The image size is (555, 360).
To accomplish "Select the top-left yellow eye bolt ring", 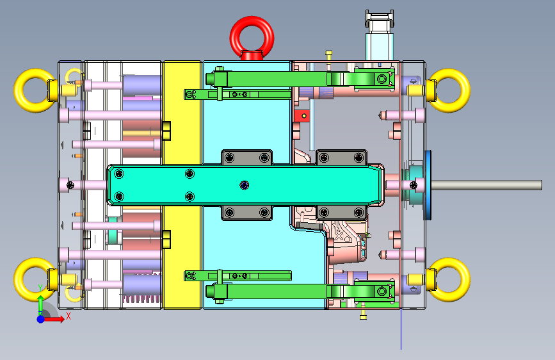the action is (21, 91).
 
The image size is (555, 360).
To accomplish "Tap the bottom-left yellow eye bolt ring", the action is (21, 280).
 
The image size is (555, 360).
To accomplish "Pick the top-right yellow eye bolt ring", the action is (463, 91).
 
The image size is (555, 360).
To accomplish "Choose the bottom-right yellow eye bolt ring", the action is (463, 280).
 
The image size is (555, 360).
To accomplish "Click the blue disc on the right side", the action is (428, 185).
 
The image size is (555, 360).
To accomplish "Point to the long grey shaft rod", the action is (487, 185).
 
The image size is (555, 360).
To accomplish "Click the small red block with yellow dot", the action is (302, 116).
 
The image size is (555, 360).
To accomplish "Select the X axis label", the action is (68, 316).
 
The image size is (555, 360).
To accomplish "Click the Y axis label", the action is (40, 288).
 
